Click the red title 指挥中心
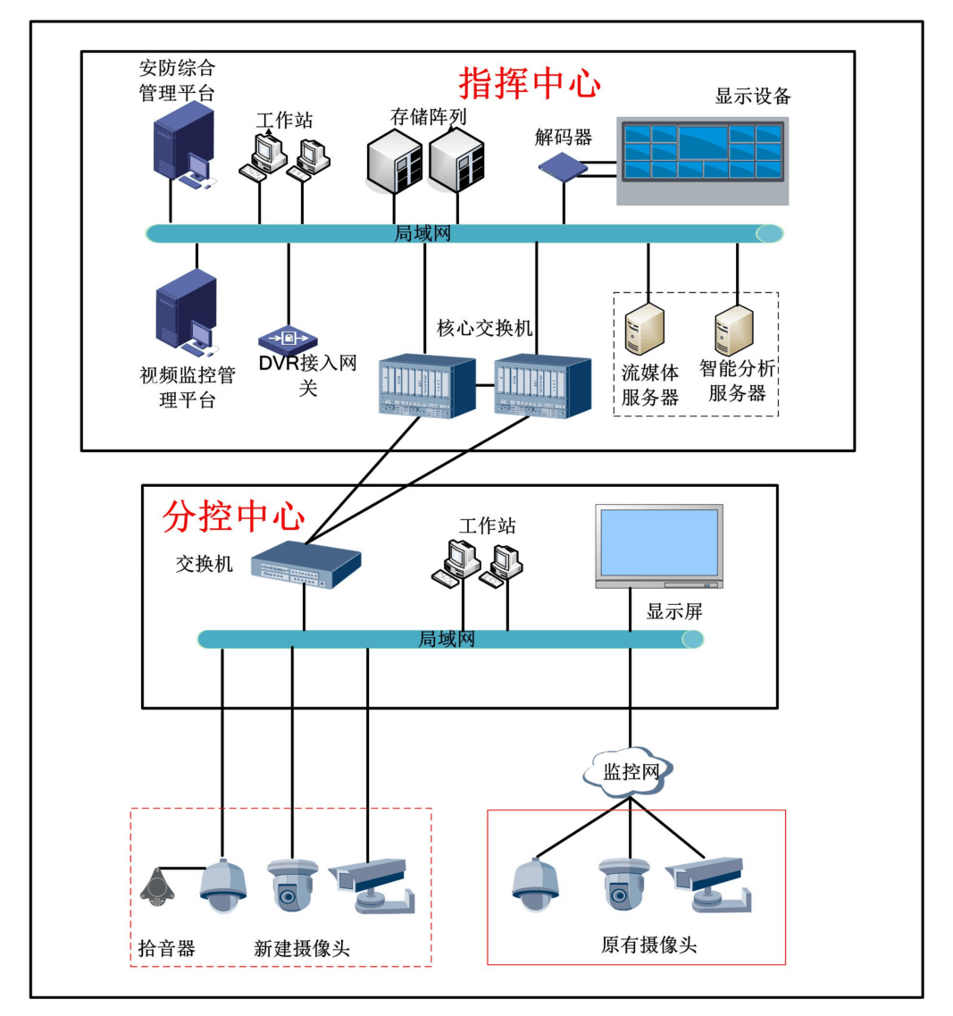(x=530, y=83)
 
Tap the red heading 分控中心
(x=234, y=516)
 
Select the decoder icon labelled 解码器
(x=563, y=166)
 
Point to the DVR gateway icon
(x=288, y=340)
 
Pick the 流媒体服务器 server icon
(x=645, y=330)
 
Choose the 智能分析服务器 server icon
(x=734, y=330)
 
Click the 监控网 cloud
(x=631, y=770)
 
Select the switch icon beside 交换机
(x=305, y=565)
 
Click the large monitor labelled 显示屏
(x=659, y=546)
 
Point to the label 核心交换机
(x=484, y=328)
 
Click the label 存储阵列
(x=428, y=117)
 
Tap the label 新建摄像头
(x=301, y=949)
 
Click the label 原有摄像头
(x=648, y=945)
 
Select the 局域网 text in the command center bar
(x=422, y=234)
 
